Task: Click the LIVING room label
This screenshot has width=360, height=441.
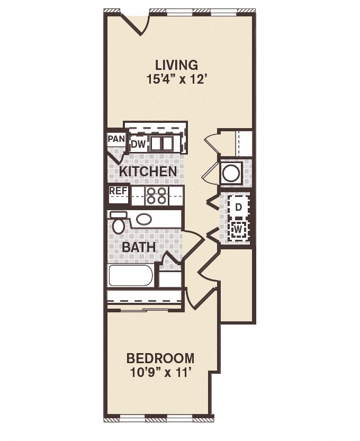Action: tap(176, 65)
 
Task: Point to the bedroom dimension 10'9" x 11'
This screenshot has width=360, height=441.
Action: tap(160, 372)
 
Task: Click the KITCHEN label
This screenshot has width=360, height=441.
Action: tap(148, 172)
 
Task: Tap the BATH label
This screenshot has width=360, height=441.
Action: tap(139, 247)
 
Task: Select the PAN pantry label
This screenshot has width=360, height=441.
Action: tap(116, 139)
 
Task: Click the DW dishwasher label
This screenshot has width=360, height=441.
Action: tap(138, 144)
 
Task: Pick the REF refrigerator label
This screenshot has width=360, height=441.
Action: tap(118, 191)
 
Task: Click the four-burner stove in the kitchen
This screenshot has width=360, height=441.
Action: tap(157, 196)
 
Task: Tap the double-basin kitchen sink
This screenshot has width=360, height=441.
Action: tap(161, 143)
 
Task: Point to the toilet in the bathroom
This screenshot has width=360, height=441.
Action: tap(118, 224)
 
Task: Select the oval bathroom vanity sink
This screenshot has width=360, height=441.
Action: tap(144, 219)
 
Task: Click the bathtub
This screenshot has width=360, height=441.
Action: tap(131, 276)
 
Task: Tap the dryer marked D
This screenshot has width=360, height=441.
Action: tap(238, 208)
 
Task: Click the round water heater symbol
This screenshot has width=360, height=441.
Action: tap(231, 173)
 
